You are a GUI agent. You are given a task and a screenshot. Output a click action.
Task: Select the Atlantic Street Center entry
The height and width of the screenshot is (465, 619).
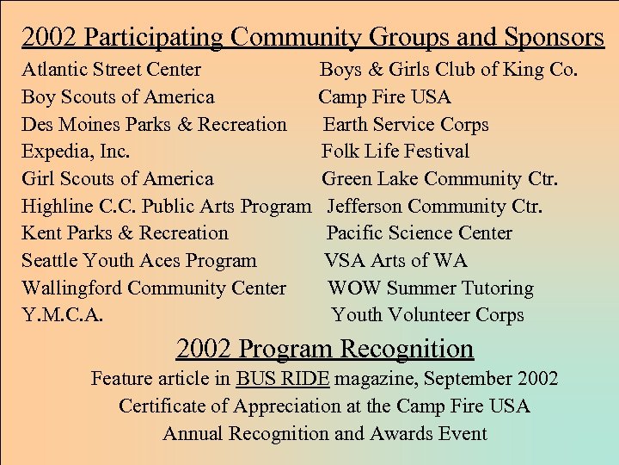(111, 70)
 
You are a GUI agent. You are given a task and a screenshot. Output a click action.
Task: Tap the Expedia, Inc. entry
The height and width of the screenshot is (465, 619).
(76, 152)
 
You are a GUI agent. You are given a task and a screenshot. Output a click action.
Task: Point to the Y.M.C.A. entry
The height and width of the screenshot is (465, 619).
(62, 315)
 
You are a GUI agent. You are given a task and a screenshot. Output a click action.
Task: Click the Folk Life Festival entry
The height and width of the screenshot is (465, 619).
(395, 152)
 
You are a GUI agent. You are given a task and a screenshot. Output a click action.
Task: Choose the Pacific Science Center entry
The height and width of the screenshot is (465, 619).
(420, 233)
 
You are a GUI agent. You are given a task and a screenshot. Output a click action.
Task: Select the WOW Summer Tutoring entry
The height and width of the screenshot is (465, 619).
(431, 288)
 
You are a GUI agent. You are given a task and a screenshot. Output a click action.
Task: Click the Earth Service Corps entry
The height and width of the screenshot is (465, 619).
(406, 124)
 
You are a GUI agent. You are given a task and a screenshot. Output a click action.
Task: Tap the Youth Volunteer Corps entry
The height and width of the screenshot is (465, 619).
(427, 315)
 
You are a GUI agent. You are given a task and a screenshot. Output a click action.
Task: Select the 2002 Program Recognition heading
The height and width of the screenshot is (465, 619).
(325, 349)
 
